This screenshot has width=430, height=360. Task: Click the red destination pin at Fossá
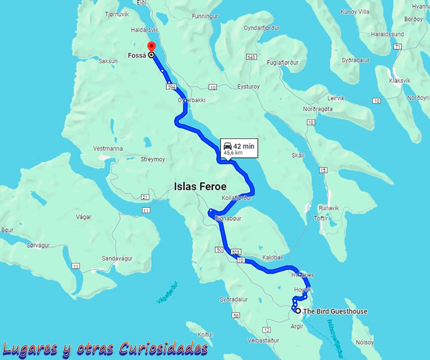(151, 46)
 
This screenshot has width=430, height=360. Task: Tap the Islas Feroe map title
(200, 186)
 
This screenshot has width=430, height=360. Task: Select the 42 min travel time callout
(239, 149)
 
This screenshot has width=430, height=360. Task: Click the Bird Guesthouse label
(335, 311)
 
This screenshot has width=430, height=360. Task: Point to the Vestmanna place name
(108, 149)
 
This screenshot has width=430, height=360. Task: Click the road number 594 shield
(172, 87)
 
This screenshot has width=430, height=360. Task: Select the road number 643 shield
(252, 57)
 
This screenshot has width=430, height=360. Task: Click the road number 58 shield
(236, 316)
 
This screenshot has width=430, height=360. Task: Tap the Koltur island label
(206, 334)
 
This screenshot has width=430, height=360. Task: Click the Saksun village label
(108, 61)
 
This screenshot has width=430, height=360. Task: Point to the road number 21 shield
(144, 197)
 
